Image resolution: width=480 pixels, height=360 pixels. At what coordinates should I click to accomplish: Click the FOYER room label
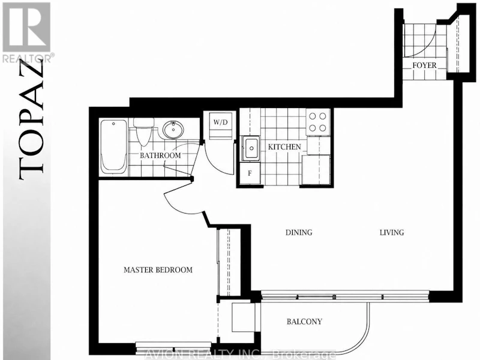(x=424, y=65)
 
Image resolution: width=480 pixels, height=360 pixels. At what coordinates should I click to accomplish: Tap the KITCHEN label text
(x=284, y=147)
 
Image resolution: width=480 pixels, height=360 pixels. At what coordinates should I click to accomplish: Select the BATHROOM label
(x=160, y=155)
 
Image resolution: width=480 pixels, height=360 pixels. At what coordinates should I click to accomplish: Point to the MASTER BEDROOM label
(x=158, y=269)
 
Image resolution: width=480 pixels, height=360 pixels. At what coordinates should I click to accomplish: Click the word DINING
(x=299, y=232)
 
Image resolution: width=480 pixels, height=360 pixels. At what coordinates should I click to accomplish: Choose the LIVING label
(x=392, y=232)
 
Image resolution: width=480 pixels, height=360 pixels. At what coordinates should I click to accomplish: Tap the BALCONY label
(x=304, y=322)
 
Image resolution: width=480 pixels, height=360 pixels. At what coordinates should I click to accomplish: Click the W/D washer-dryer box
(x=220, y=126)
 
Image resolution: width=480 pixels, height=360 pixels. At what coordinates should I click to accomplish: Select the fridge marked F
(x=250, y=173)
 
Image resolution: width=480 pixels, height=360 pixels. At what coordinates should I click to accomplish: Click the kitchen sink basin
(x=251, y=148)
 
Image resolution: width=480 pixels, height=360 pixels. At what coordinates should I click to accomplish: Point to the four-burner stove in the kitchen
(x=318, y=122)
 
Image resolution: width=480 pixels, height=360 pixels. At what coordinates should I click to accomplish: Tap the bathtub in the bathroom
(x=113, y=147)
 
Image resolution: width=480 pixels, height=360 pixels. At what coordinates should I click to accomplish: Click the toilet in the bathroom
(x=143, y=132)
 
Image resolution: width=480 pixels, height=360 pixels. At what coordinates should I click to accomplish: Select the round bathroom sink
(x=173, y=130)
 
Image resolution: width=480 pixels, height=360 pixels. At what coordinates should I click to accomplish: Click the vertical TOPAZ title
(x=31, y=119)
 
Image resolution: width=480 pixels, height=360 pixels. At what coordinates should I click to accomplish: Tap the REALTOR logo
(x=27, y=32)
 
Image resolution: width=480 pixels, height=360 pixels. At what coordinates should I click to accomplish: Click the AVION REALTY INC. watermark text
(x=239, y=355)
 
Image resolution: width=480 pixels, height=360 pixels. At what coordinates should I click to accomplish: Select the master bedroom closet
(x=229, y=262)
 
